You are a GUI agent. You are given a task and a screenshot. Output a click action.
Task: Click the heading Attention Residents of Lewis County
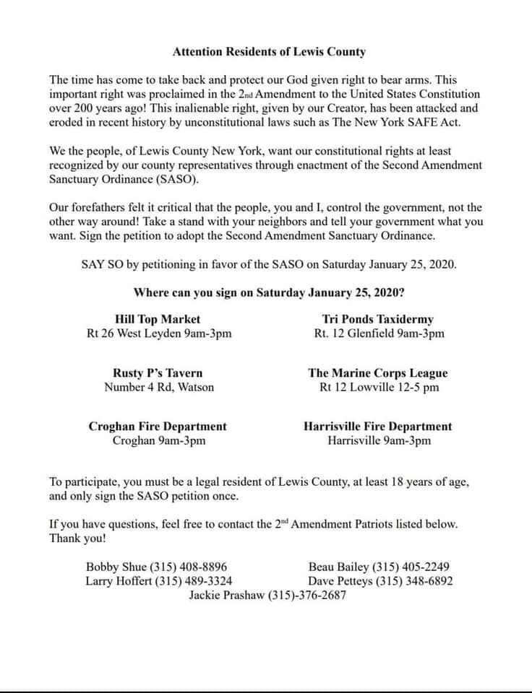(x=270, y=52)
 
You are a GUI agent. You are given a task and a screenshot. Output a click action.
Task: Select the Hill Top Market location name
(x=158, y=319)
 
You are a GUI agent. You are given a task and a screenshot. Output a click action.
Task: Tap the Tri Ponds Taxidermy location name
(x=378, y=319)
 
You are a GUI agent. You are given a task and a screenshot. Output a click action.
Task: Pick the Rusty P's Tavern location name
(x=158, y=373)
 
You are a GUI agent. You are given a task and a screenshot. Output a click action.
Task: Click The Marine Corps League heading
(x=378, y=373)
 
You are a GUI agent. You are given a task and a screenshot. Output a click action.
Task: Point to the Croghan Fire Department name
(x=158, y=427)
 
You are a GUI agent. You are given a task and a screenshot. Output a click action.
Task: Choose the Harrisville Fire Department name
(x=378, y=427)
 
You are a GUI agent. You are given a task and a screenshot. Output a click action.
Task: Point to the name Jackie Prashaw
(x=227, y=596)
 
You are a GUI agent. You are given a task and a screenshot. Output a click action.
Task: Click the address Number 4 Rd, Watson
(x=159, y=387)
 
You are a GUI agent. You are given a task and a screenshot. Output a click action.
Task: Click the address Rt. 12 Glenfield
(x=349, y=334)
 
